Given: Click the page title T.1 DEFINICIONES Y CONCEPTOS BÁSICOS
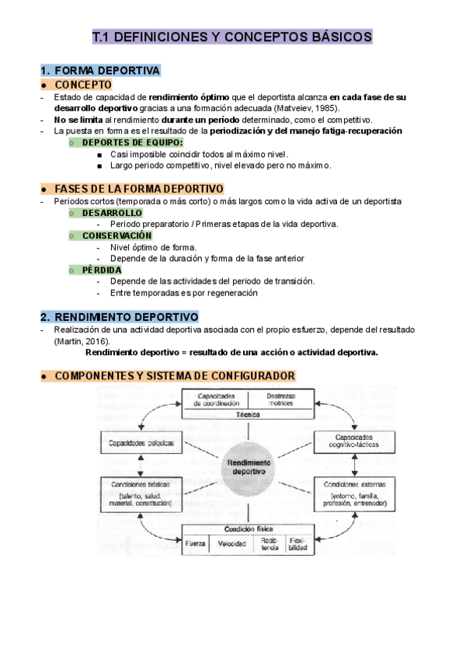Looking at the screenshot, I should point(232,37).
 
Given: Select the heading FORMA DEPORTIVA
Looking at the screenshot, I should point(106,71).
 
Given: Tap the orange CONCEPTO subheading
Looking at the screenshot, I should point(83,85).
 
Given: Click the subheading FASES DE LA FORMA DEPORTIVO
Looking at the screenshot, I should point(139,189).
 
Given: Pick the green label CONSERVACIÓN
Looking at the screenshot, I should point(116,235).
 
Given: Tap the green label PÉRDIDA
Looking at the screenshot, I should point(102,270).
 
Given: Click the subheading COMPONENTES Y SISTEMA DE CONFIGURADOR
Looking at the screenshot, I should point(174,376).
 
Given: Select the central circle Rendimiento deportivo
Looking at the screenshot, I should point(246,466).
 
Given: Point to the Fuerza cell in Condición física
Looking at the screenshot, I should point(196,544).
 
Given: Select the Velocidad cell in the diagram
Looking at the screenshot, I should point(231,544).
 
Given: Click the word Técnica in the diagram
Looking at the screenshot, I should point(246,415).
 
